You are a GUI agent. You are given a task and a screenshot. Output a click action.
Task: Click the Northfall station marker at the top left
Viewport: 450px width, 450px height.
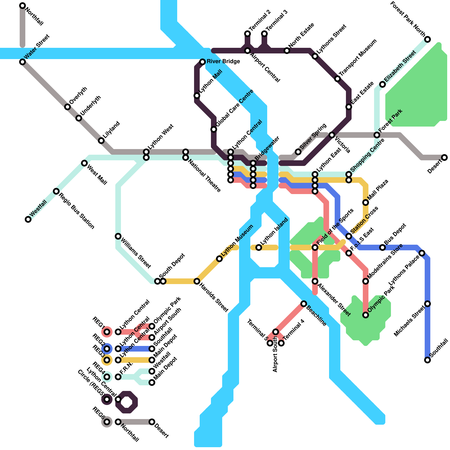[22, 6]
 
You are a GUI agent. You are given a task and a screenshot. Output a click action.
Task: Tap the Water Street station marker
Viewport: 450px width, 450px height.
[22, 62]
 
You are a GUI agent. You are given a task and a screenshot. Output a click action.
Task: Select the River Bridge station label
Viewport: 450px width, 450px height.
[223, 62]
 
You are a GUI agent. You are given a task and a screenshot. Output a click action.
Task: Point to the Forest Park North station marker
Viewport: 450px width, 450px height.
[427, 39]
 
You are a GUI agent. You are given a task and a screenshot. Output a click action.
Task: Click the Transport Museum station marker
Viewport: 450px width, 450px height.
[337, 79]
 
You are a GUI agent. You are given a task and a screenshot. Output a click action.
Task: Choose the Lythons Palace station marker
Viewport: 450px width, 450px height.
[422, 253]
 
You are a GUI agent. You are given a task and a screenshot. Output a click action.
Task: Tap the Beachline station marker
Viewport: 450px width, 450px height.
[304, 304]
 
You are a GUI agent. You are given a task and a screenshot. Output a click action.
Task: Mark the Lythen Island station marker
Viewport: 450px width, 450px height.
[259, 247]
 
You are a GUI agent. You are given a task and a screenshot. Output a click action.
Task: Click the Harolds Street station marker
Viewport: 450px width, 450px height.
[197, 281]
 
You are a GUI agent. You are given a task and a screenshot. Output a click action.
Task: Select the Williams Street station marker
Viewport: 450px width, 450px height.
[118, 236]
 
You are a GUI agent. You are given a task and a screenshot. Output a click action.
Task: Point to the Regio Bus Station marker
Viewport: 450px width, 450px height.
[56, 191]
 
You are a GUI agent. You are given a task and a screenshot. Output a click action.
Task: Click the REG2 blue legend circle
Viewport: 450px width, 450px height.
[107, 349]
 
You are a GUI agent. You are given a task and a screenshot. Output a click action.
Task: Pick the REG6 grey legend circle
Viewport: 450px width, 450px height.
[107, 422]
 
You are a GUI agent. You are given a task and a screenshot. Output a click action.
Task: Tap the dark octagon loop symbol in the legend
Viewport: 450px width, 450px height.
[127, 402]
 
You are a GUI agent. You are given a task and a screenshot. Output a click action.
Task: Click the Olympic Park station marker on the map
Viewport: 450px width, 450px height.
[366, 315]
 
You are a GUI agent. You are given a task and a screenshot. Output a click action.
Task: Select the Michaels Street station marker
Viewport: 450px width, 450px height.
[427, 304]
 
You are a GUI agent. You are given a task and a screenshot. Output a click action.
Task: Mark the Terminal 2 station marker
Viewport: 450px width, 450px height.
[247, 34]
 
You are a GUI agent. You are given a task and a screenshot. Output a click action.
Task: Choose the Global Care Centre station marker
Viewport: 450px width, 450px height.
[214, 129]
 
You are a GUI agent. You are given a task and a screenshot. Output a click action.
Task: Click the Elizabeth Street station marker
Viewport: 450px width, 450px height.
[382, 84]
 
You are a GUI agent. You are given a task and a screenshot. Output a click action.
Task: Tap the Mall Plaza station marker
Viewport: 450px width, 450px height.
[366, 202]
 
